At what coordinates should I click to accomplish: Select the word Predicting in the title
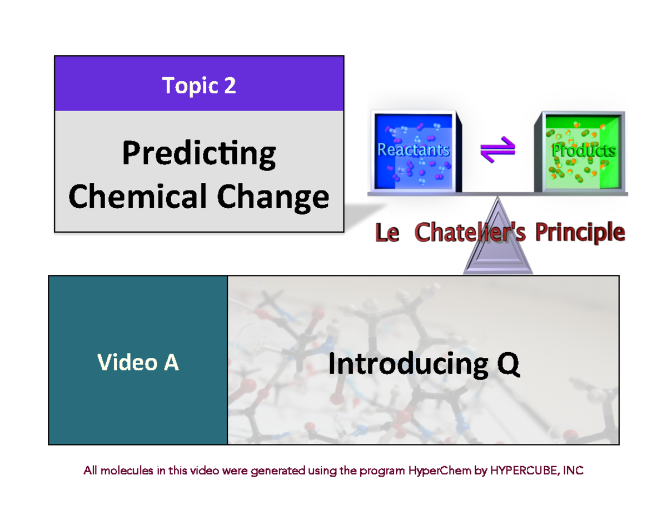coord(198,155)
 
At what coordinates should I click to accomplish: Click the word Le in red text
coord(387,233)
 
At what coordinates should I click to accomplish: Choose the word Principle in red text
coord(580,233)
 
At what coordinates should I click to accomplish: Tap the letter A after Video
coord(171,362)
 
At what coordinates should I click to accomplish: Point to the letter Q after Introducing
coord(507,364)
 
